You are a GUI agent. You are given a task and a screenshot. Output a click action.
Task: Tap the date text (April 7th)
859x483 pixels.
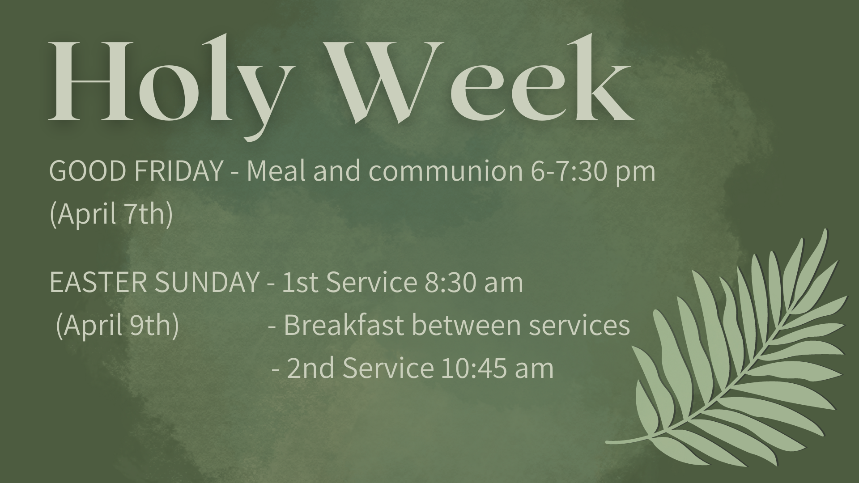(111, 214)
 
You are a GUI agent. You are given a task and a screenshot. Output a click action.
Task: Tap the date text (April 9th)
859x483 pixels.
(117, 326)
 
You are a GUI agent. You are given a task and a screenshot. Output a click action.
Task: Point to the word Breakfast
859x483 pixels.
(344, 326)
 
